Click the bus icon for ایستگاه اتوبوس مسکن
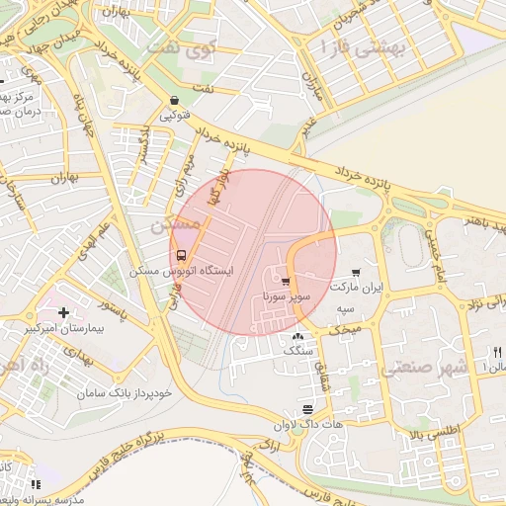179,252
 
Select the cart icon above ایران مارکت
356,273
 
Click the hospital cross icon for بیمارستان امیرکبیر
64,313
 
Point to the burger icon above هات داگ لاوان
308,409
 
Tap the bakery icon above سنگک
298,337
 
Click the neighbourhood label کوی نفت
181,45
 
